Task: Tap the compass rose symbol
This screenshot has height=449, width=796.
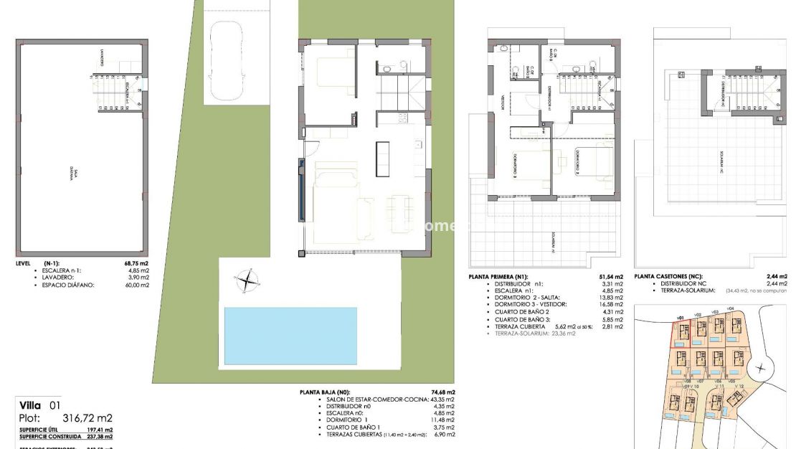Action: (x=247, y=279)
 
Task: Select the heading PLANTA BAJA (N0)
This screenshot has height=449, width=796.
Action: (x=325, y=392)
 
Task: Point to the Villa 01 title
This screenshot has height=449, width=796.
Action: (x=40, y=405)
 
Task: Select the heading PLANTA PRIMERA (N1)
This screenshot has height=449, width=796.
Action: (x=498, y=277)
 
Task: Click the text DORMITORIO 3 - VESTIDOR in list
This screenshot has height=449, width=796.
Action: (x=527, y=304)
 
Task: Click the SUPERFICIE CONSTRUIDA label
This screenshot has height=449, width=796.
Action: (x=51, y=436)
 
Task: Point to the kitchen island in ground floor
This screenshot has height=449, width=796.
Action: (x=382, y=159)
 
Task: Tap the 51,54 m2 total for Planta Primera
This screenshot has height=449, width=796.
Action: (x=610, y=277)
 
